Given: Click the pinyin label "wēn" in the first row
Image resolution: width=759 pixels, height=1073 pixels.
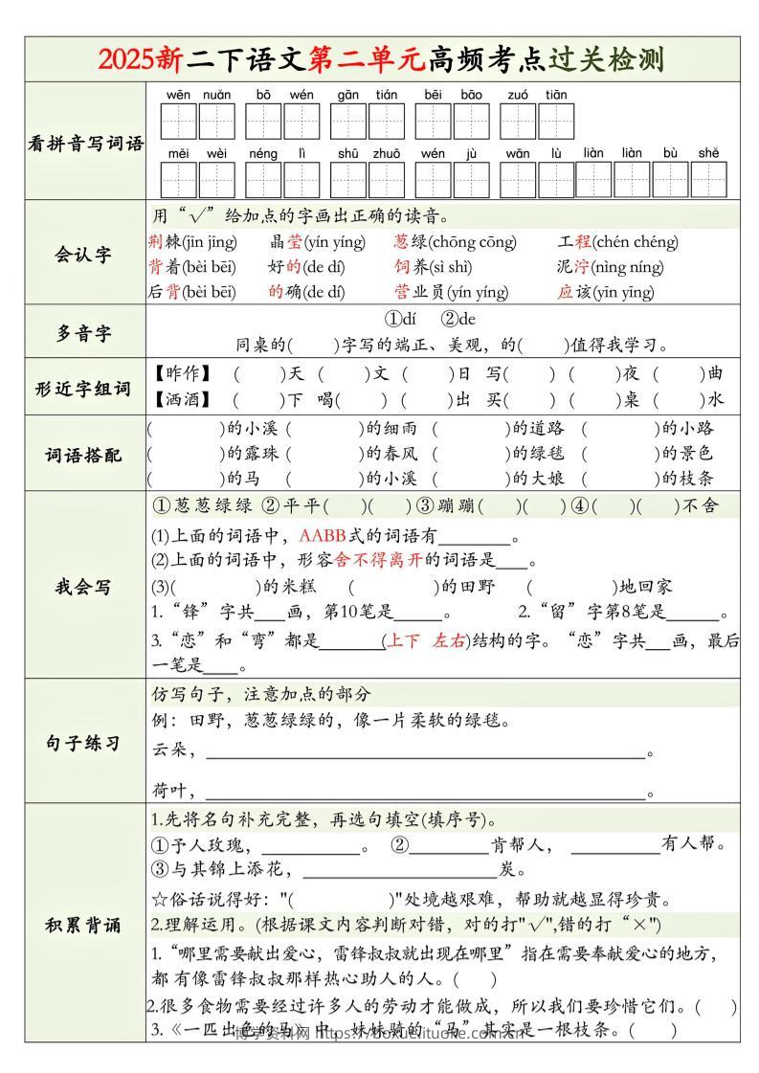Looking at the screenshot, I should pyautogui.click(x=178, y=95).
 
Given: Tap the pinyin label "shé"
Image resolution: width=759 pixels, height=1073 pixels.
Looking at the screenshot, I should pyautogui.click(x=707, y=152).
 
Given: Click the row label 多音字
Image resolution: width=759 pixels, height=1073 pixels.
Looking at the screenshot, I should pyautogui.click(x=84, y=333).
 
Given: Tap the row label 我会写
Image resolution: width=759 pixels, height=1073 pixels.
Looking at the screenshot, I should pyautogui.click(x=84, y=586).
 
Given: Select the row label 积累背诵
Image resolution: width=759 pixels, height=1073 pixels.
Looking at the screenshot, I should pyautogui.click(x=84, y=925).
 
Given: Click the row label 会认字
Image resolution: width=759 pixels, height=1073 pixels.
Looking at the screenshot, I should pyautogui.click(x=84, y=254).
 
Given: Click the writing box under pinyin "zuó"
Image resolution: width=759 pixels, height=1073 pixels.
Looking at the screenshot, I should pyautogui.click(x=517, y=122).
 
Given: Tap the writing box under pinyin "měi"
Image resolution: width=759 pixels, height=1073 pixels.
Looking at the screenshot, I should pyautogui.click(x=178, y=179).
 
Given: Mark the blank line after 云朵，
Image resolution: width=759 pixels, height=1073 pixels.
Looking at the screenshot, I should pyautogui.click(x=426, y=752).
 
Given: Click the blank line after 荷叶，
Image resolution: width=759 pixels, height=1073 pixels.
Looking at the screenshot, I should pyautogui.click(x=426, y=793).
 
